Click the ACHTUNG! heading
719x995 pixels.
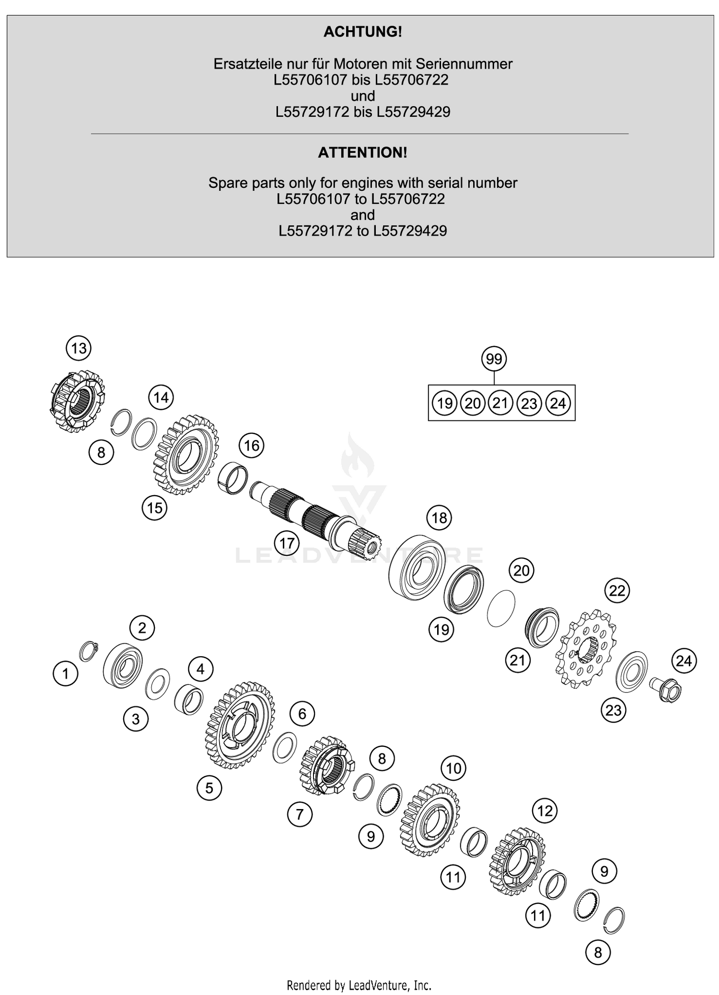click(x=362, y=32)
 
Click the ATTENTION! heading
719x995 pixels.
click(x=362, y=153)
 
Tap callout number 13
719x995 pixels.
click(x=79, y=348)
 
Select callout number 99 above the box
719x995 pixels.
click(x=494, y=359)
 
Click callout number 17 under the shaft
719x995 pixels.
click(x=287, y=544)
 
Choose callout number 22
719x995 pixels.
click(x=617, y=590)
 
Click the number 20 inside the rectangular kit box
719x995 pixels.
click(x=473, y=403)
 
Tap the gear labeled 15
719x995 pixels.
click(x=186, y=455)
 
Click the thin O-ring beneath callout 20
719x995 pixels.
click(x=501, y=608)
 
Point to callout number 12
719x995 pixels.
click(x=545, y=811)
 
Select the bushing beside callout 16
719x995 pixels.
click(x=232, y=479)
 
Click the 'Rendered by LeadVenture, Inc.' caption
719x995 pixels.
click(x=359, y=986)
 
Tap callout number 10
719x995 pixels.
click(x=453, y=768)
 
